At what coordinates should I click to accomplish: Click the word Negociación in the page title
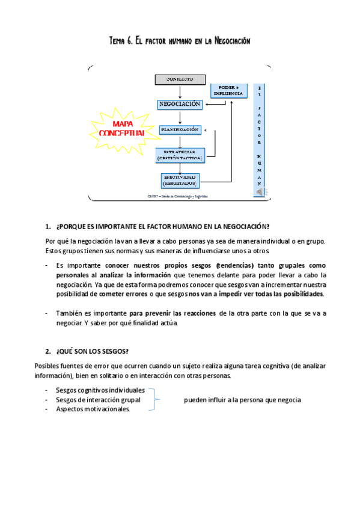[224, 41]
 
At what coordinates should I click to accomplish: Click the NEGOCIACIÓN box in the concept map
[179, 104]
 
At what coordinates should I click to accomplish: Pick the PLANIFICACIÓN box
[179, 129]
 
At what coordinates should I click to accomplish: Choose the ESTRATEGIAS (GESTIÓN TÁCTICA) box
[179, 155]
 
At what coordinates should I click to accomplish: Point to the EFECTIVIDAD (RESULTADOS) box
[180, 179]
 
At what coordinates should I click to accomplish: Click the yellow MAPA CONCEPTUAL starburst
[123, 128]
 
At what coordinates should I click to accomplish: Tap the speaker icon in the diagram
[260, 191]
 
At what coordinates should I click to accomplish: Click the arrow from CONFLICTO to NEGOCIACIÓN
[180, 91]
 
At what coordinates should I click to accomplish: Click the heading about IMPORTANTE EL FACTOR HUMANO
[162, 227]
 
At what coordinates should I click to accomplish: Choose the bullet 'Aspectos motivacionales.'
[93, 409]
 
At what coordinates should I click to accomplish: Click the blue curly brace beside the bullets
[156, 400]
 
